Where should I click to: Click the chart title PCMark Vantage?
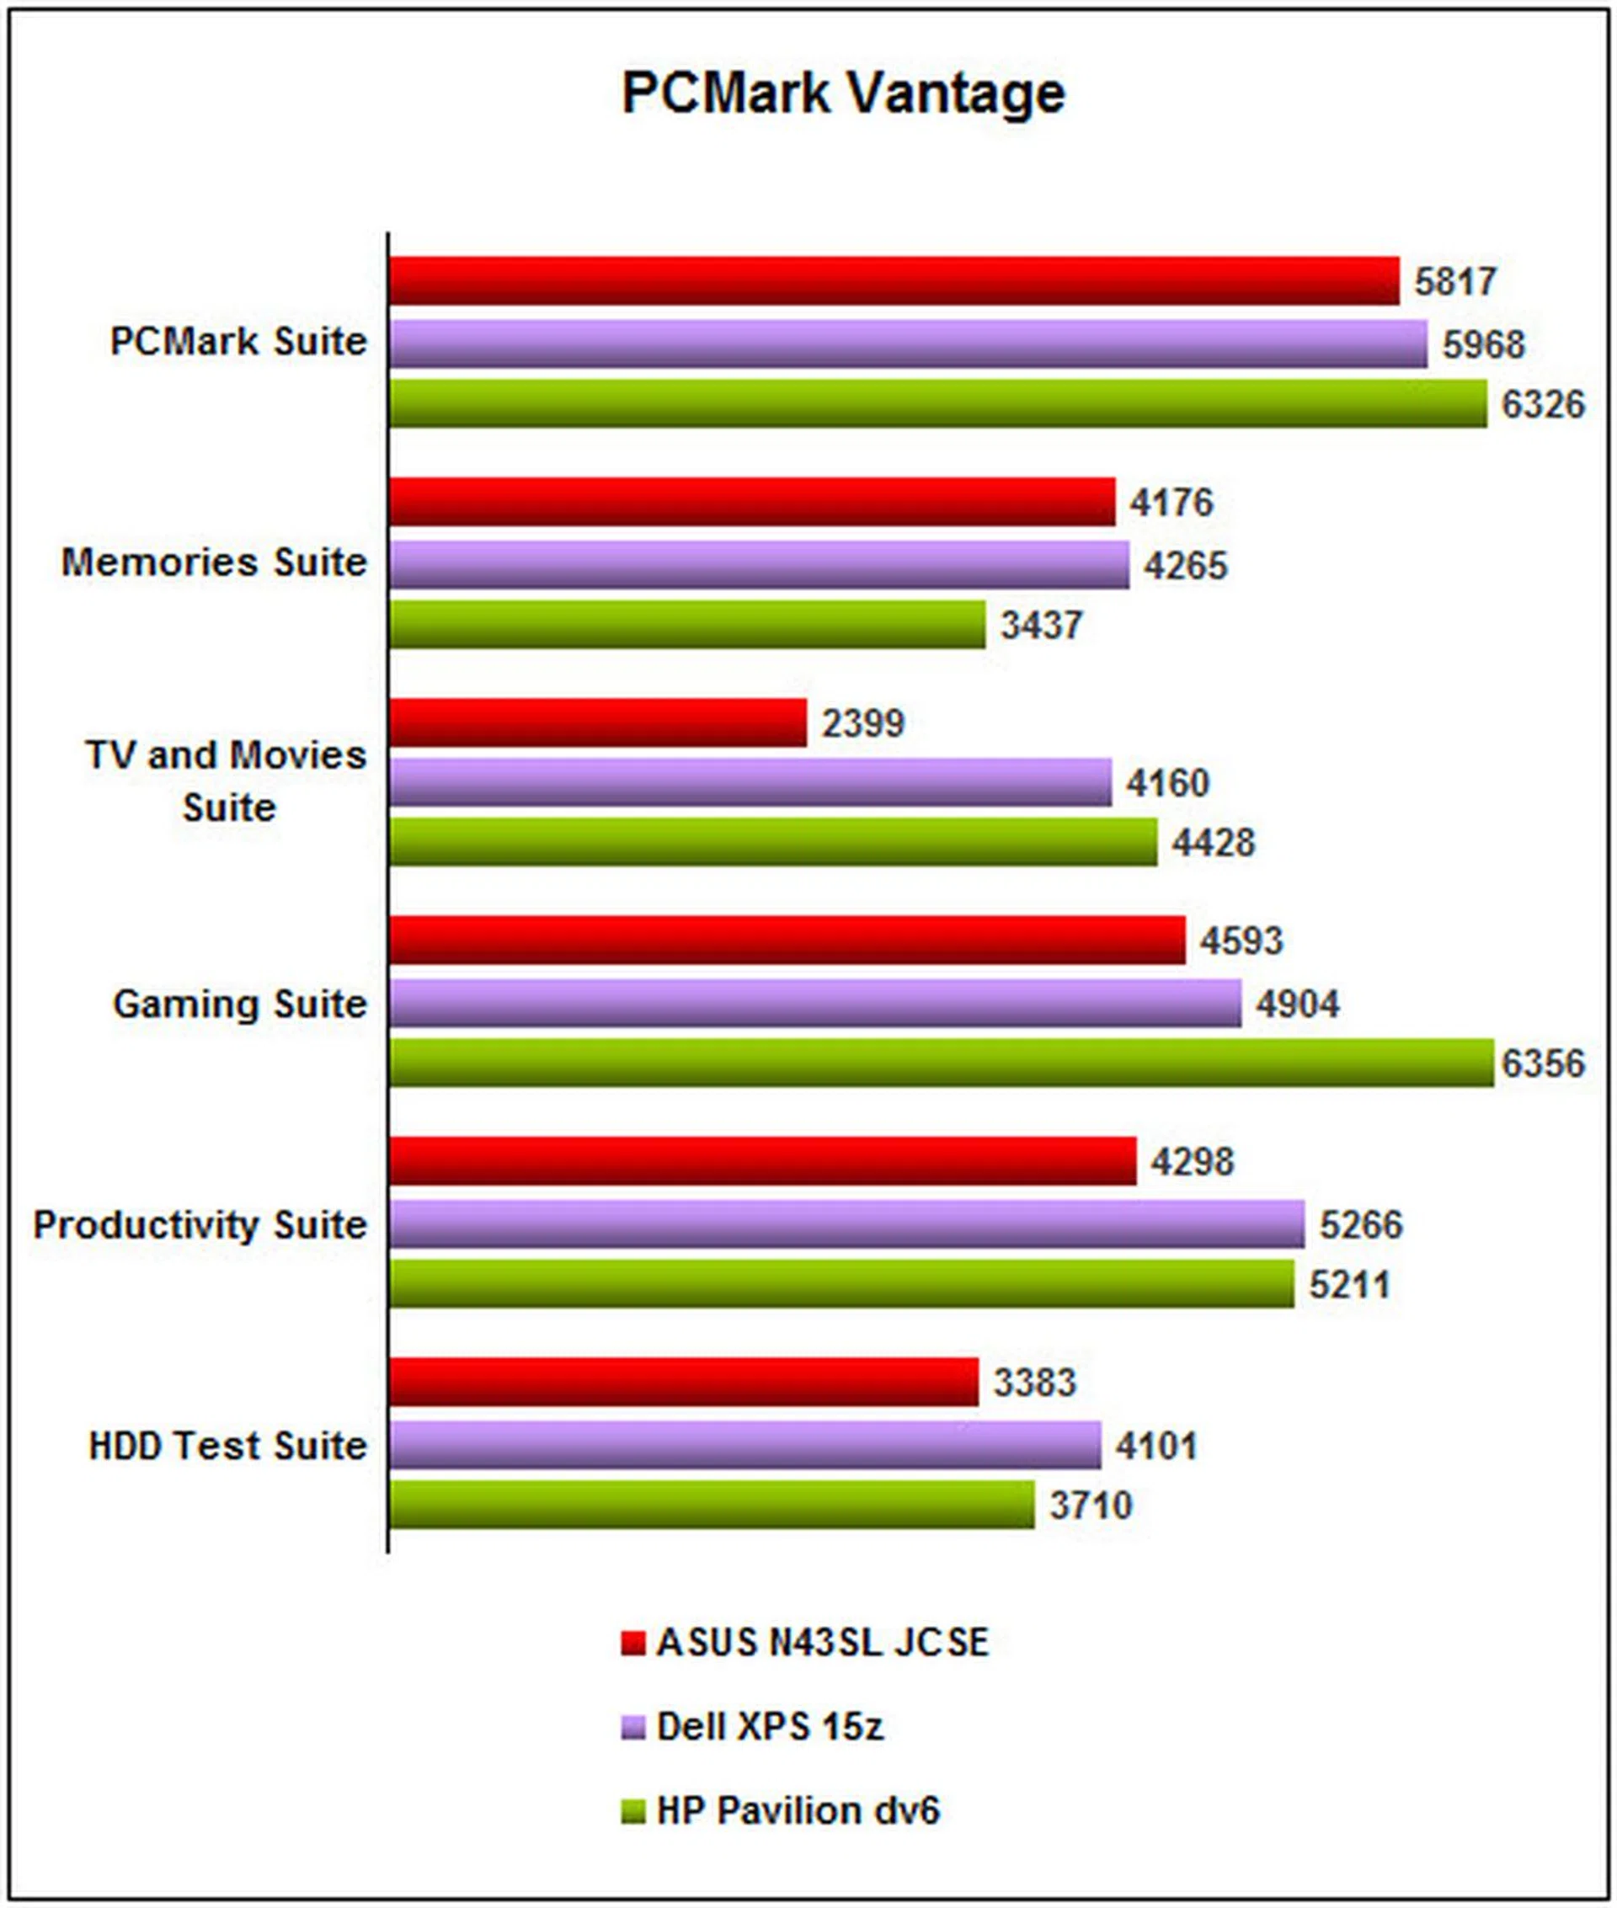(842, 93)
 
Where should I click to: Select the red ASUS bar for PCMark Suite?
(893, 280)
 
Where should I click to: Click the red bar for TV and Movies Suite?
(597, 722)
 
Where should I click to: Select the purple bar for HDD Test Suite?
(744, 1445)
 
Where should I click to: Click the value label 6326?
(1542, 404)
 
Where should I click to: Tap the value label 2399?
(862, 723)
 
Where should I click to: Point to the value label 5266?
(1360, 1224)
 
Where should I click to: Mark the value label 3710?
(1090, 1505)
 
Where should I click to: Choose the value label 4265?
(1184, 566)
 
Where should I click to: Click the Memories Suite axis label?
(214, 562)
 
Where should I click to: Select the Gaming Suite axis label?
(239, 1004)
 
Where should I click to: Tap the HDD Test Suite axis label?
(227, 1445)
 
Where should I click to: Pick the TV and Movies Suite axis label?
(227, 781)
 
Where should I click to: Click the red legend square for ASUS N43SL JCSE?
(632, 1643)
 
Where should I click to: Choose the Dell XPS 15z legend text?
(770, 1727)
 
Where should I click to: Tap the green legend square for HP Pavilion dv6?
(632, 1812)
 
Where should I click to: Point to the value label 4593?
(1241, 941)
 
